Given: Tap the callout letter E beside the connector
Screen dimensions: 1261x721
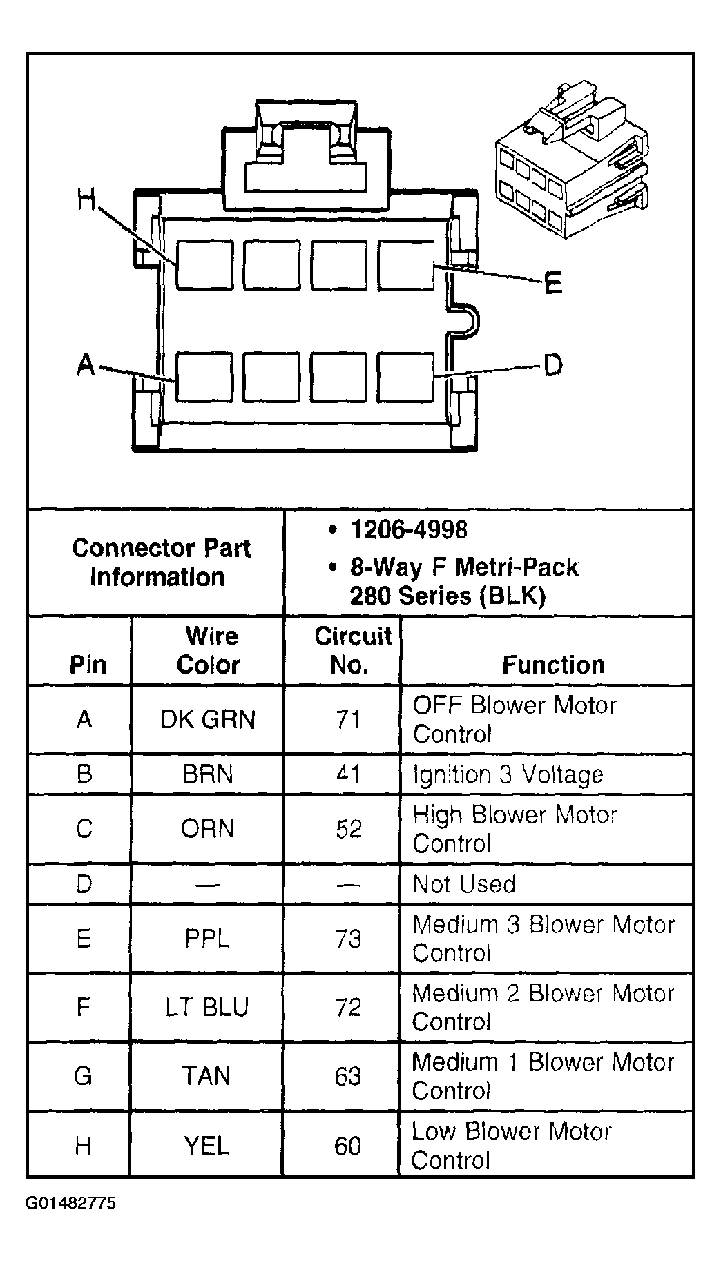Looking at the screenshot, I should (552, 283).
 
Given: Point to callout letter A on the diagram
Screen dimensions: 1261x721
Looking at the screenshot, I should (85, 364).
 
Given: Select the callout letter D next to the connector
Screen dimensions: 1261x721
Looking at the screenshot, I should (552, 364).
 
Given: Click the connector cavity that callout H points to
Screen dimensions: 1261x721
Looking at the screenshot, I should (204, 264).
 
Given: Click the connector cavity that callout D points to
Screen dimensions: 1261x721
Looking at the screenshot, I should (406, 377).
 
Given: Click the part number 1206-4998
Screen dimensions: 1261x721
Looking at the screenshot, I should (409, 530).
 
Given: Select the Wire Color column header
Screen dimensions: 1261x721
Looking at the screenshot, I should (208, 650).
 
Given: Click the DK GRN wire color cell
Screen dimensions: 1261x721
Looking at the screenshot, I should (208, 720).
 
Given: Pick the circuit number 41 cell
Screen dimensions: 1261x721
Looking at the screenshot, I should (348, 774).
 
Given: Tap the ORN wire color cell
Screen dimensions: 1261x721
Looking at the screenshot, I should (208, 829).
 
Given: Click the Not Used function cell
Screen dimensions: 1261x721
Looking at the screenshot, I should (464, 884).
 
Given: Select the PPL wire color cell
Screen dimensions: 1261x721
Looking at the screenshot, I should (207, 939).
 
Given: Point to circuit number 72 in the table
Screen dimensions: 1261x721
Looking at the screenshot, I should (348, 1008).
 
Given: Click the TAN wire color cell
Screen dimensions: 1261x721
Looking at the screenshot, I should (206, 1076).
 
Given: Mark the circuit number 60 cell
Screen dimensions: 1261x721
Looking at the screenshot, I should (347, 1146).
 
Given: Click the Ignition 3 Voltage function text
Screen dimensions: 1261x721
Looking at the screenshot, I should (508, 774).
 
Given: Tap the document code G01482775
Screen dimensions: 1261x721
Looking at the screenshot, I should (71, 1204).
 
